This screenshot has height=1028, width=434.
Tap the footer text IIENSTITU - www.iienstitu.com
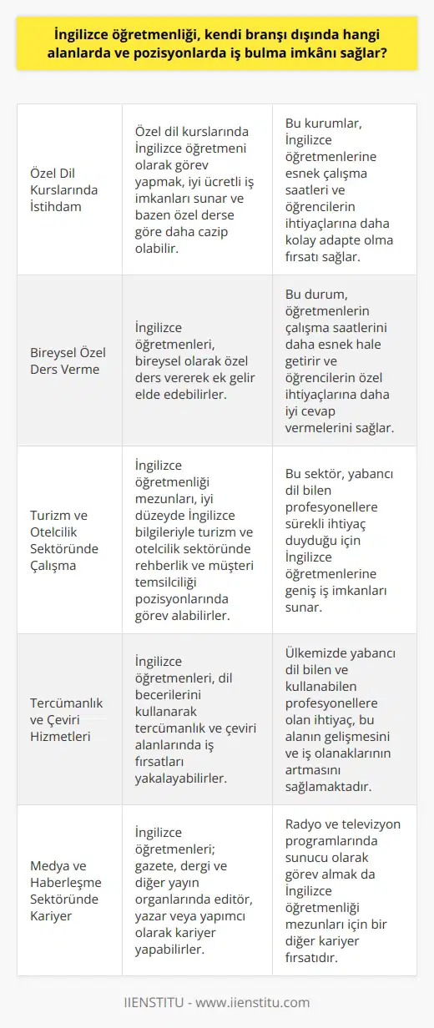point(217,1002)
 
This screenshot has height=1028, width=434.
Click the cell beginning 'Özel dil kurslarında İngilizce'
point(197,189)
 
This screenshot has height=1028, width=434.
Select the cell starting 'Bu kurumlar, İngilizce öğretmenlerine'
point(345,189)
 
